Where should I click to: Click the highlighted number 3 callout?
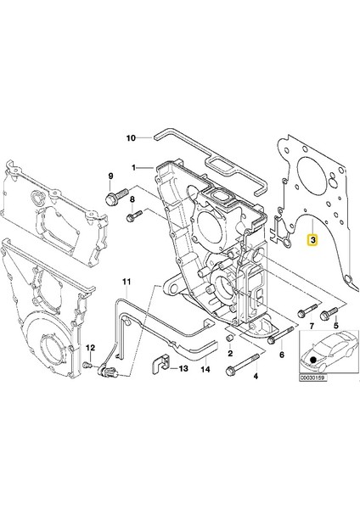click(313, 241)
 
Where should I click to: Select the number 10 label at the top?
click(132, 137)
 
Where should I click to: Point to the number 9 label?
click(110, 176)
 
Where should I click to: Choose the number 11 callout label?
click(126, 281)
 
